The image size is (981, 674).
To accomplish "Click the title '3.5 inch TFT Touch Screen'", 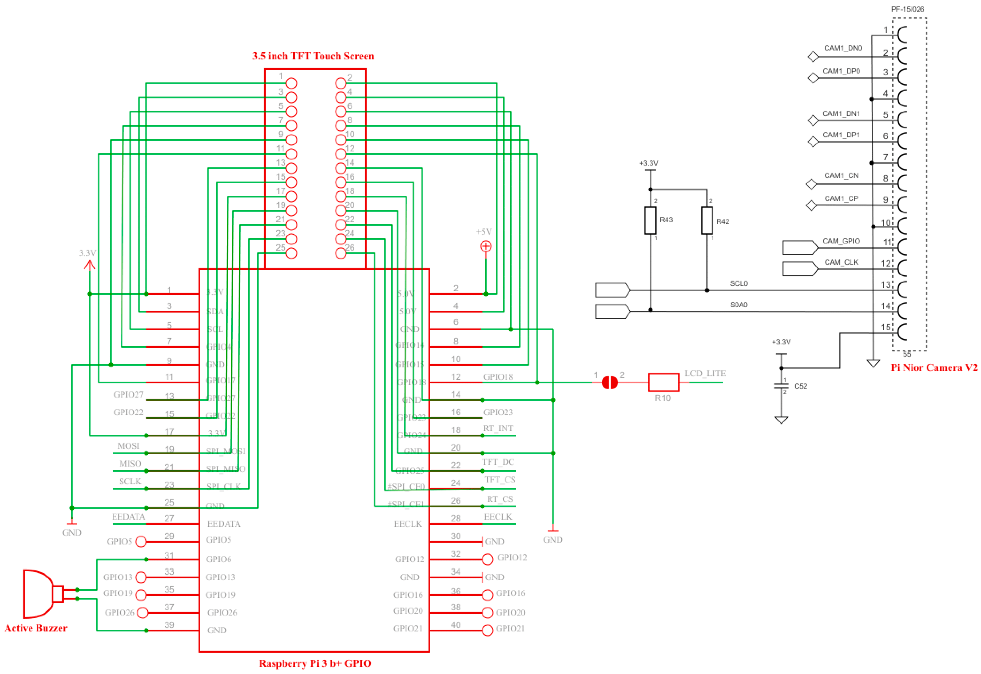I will tap(313, 56).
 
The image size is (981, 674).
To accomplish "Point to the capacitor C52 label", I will tap(800, 386).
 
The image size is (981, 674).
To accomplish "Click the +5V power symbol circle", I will tap(486, 246).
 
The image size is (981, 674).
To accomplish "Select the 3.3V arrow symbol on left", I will tap(89, 265).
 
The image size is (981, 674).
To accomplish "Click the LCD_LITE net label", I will tap(705, 373).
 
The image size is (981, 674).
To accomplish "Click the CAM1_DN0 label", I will tap(843, 48).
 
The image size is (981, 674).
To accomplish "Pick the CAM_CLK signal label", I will tap(841, 262).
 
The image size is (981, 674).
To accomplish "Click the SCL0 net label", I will tap(739, 283).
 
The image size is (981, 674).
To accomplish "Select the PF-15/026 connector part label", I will tap(907, 9).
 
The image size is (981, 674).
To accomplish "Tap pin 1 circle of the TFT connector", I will tap(291, 83).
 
